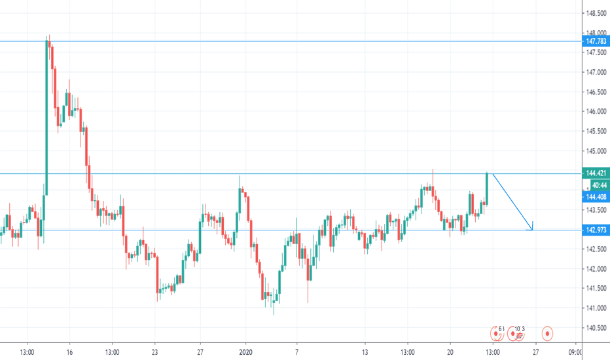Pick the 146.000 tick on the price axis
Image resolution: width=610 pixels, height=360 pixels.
595,111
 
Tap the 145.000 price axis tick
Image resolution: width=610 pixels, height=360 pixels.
595,151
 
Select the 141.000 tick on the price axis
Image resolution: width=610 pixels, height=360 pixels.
595,308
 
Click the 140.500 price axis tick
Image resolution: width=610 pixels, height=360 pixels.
595,328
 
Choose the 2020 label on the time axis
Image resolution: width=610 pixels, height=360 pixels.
246,351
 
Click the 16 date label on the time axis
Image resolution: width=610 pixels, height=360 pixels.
69,351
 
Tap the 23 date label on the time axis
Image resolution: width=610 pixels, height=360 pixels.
154,351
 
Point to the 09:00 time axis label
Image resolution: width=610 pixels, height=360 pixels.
576,351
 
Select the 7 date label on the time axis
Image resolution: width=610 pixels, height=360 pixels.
296,351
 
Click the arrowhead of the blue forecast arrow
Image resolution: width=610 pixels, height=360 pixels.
532,228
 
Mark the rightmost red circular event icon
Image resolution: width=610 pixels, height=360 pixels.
547,334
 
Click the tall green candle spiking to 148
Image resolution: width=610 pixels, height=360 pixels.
47,118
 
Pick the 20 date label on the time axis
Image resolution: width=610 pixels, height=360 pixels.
450,351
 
